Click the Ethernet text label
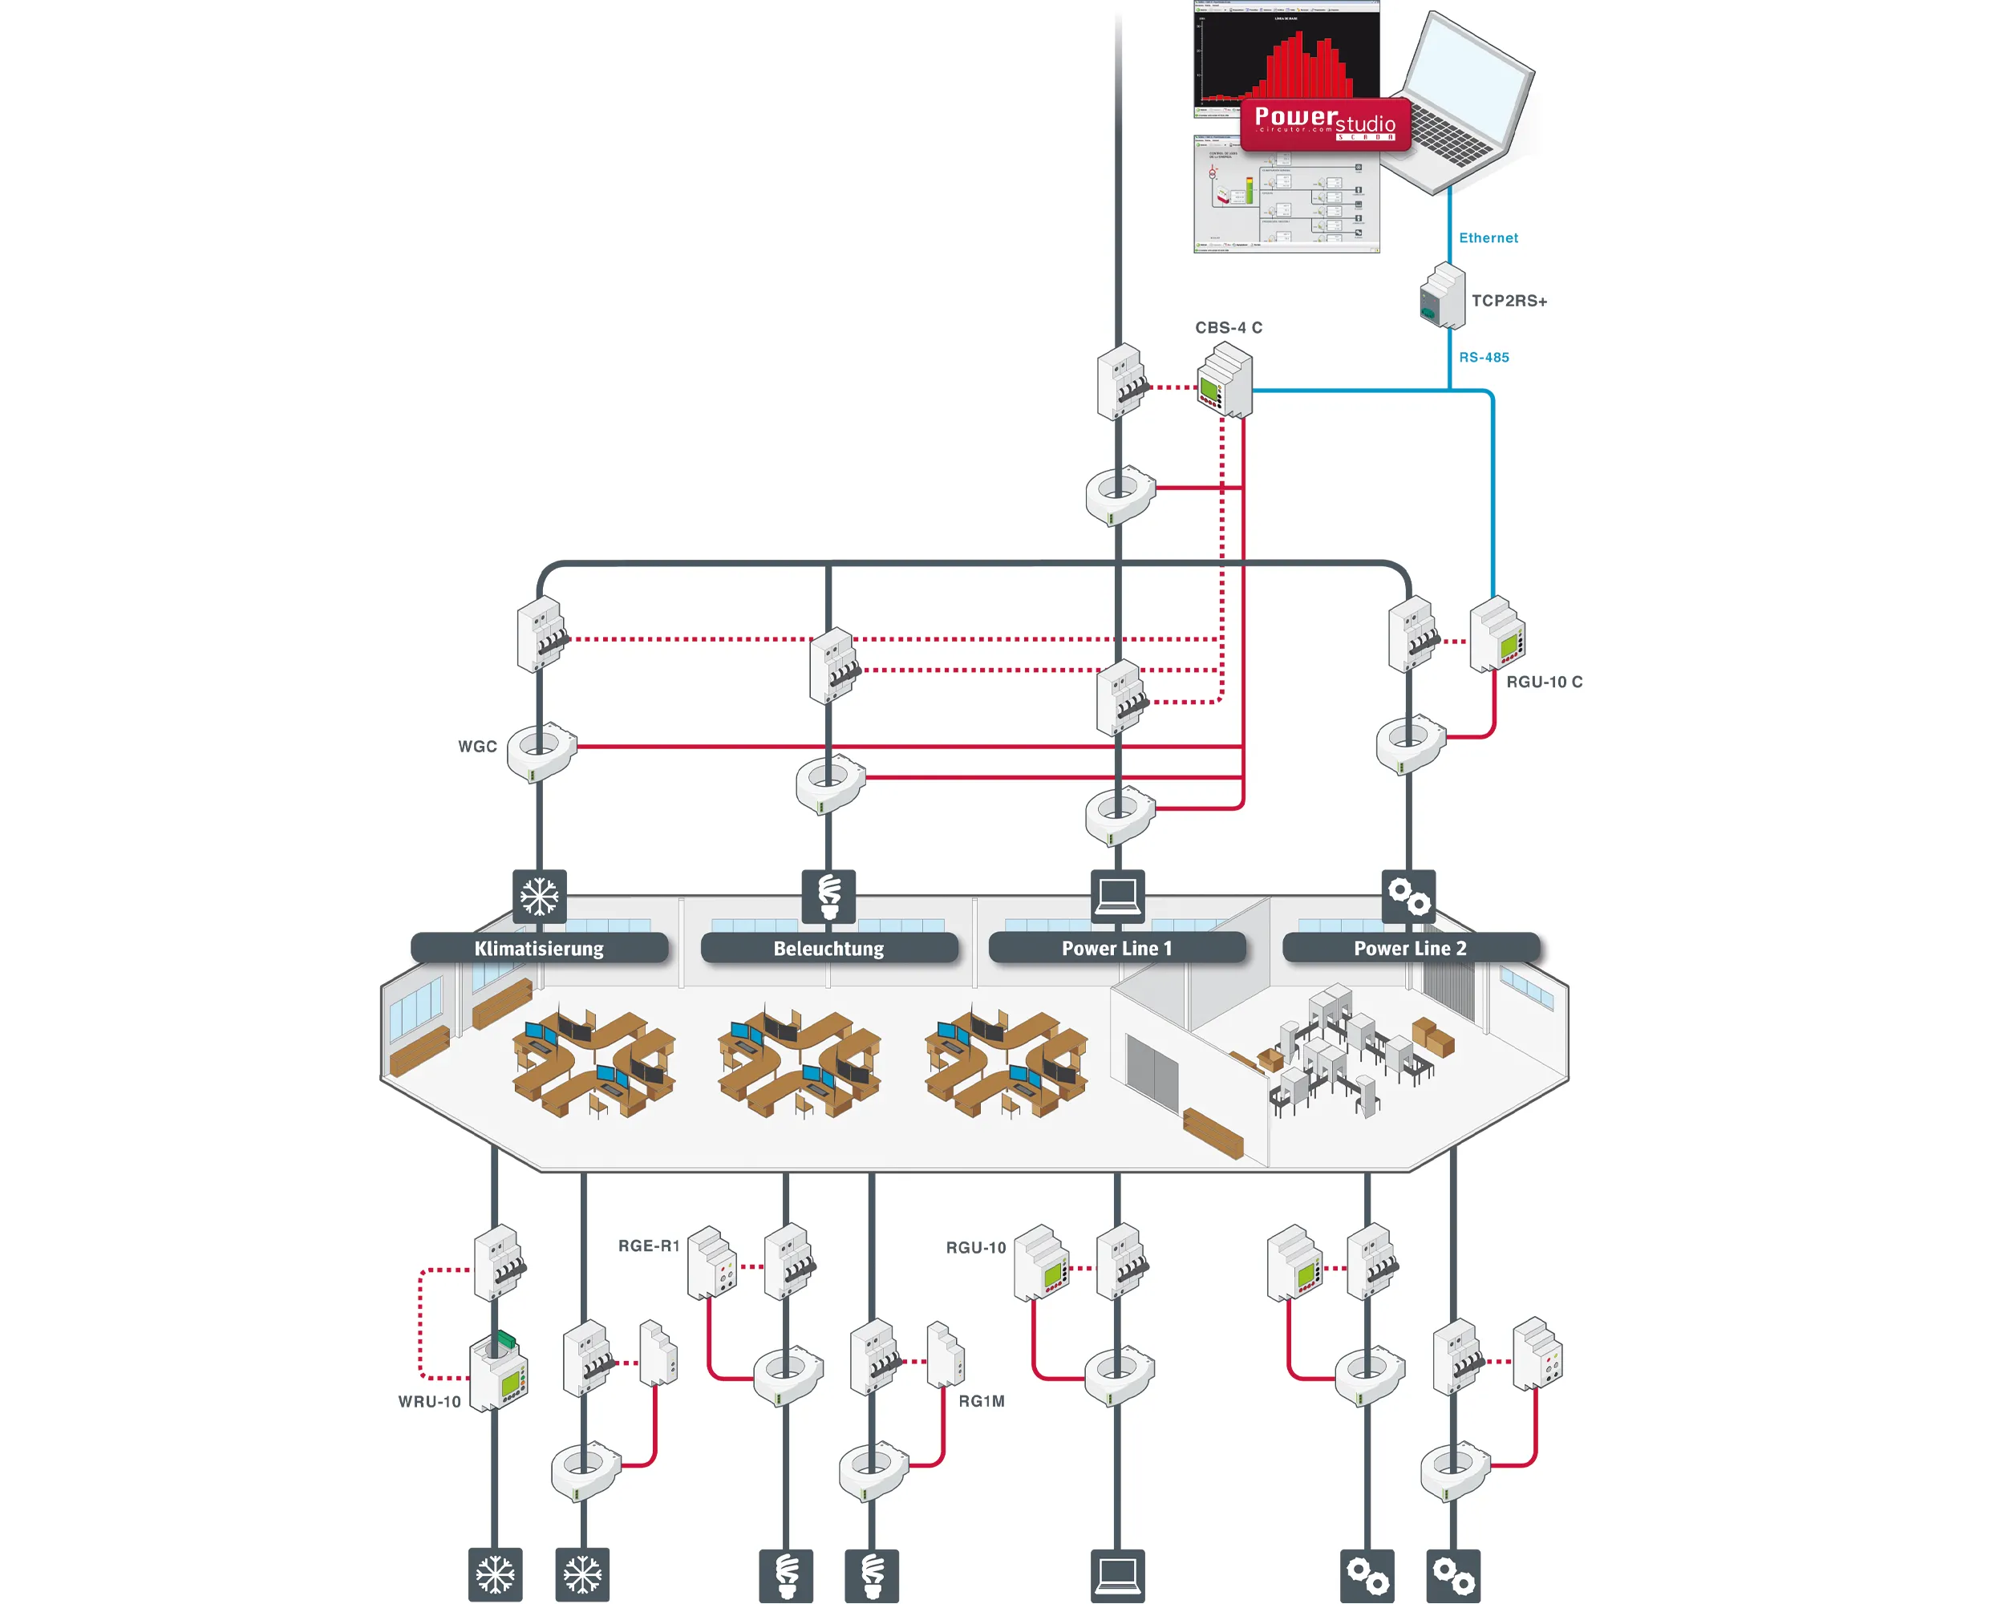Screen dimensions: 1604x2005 coord(1488,238)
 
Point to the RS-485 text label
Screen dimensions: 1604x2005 coord(1483,357)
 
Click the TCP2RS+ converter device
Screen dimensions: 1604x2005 coord(1442,297)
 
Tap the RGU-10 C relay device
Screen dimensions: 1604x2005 coord(1497,635)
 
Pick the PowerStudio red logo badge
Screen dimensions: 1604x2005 coord(1325,124)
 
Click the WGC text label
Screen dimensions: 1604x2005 coord(477,747)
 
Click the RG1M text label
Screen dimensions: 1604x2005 coord(981,1401)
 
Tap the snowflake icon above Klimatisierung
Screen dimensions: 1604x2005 coord(540,897)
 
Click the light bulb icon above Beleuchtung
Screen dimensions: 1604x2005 coord(828,897)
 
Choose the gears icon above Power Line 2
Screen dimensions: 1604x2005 coord(1409,897)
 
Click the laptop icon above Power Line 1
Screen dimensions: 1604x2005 coord(1117,897)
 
